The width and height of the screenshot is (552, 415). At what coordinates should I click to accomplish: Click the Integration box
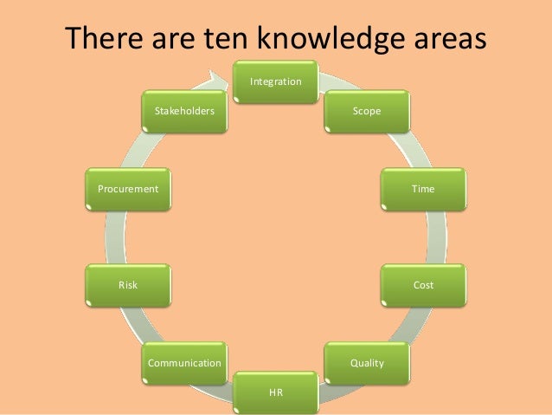pyautogui.click(x=276, y=81)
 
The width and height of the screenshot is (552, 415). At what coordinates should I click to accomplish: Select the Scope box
pyautogui.click(x=366, y=112)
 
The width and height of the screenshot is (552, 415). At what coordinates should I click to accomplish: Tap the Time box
pyautogui.click(x=423, y=188)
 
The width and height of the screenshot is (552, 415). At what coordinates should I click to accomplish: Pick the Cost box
pyautogui.click(x=423, y=284)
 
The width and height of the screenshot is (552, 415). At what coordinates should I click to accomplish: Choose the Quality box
pyautogui.click(x=366, y=362)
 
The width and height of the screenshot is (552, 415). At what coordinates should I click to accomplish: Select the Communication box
pyautogui.click(x=184, y=362)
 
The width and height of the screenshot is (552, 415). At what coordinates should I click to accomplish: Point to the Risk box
pyautogui.click(x=128, y=284)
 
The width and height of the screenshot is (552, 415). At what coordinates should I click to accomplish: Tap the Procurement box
pyautogui.click(x=128, y=188)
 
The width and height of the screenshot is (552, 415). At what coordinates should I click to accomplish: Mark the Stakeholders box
pyautogui.click(x=184, y=112)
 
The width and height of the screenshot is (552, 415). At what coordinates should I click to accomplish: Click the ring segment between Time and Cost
pyautogui.click(x=440, y=236)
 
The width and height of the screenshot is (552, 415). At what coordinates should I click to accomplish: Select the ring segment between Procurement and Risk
pyautogui.click(x=112, y=236)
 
